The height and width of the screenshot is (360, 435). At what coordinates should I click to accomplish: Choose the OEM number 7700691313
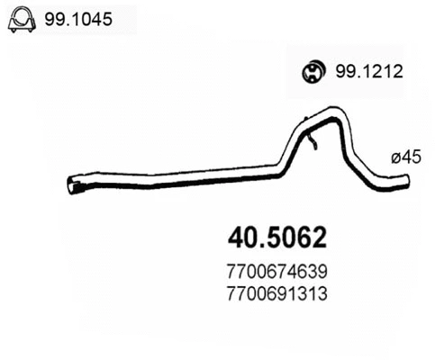click(274, 293)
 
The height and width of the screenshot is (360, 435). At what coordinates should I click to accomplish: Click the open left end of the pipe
click(73, 187)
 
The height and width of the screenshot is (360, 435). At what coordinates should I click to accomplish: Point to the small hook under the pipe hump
click(312, 141)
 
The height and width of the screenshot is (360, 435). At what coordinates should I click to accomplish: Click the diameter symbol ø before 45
click(394, 157)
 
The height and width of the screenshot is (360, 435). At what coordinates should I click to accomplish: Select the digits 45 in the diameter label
click(412, 157)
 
